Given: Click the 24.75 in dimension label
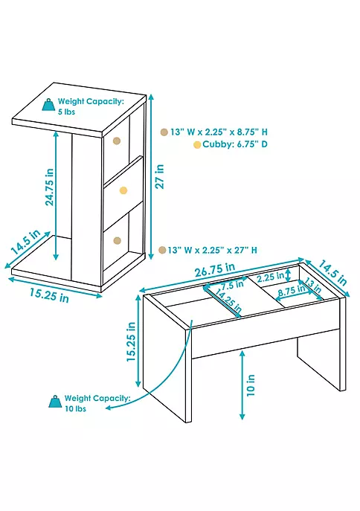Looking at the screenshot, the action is pos(50,187).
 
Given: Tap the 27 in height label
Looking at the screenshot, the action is pos(160,176).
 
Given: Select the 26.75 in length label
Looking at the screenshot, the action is pos(215,269).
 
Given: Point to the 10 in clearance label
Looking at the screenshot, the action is pos(251,385).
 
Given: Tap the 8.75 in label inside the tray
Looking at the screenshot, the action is pos(292,291).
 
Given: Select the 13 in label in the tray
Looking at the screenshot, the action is pos(312,286).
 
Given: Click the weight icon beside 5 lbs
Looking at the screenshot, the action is pos(48,105).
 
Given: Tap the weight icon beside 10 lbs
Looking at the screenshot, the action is pos(55,402).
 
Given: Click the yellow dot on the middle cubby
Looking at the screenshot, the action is pos(123,190).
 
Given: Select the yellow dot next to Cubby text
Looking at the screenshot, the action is pos(197,145).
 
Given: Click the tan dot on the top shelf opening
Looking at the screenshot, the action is pos(116,141).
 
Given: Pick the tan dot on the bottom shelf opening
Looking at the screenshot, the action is pos(117,240).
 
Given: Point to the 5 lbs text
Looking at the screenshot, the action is pos(66,112).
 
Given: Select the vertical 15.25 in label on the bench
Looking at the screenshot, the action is pos(131,341).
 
